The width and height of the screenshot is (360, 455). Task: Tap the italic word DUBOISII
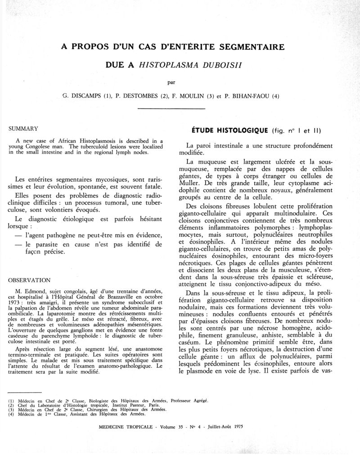pyautogui.click(x=214, y=65)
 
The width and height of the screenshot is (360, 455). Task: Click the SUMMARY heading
pyautogui.click(x=23, y=129)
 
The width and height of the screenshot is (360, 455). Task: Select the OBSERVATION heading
pyautogui.click(x=30, y=279)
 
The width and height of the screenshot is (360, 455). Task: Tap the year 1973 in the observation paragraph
pyautogui.click(x=17, y=303)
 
